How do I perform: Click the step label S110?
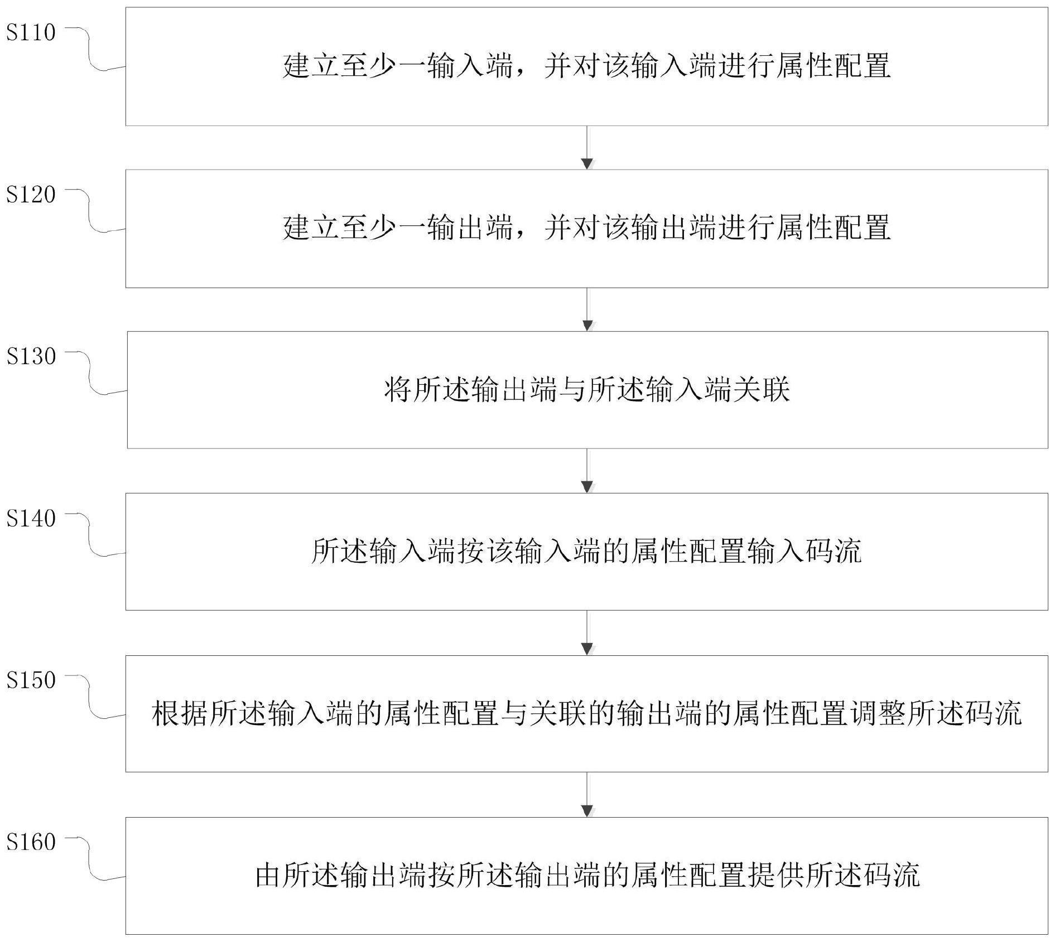31,32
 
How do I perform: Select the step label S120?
31,195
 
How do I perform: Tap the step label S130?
31,356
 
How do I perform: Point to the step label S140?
31,519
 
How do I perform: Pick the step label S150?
31,680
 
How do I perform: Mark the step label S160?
31,842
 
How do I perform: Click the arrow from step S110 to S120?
587,148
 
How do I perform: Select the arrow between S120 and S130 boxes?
587,310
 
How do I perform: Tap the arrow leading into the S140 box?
587,471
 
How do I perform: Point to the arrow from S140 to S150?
587,633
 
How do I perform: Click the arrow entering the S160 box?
587,795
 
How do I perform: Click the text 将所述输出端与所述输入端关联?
587,390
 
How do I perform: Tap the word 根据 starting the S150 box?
180,713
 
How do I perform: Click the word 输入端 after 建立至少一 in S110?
470,66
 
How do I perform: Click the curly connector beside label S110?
92,50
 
